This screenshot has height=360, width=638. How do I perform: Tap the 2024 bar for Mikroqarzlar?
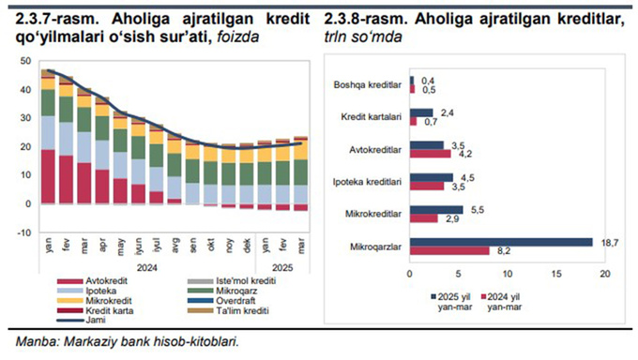[x=449, y=250]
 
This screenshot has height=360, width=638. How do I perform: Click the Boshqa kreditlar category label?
[x=368, y=85]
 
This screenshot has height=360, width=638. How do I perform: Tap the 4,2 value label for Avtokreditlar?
[x=461, y=154]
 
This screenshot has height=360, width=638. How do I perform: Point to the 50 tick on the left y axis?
[x=25, y=61]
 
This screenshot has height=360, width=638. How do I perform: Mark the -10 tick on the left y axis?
[x=23, y=232]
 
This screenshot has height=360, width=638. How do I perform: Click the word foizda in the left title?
[x=236, y=37]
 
